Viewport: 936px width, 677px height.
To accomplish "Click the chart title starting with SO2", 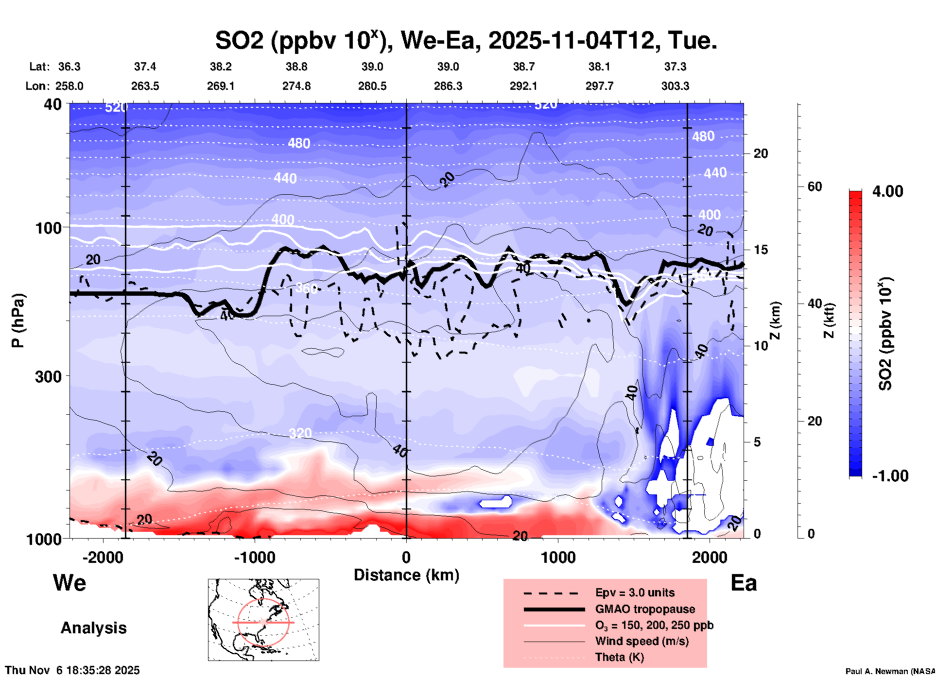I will coord(466,41).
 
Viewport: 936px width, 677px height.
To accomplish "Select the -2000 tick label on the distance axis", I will coord(103,557).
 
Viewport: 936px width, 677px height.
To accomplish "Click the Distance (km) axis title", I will coord(406,575).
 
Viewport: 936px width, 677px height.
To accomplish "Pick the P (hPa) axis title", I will coord(18,321).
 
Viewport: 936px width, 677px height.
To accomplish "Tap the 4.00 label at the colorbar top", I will coord(887,191).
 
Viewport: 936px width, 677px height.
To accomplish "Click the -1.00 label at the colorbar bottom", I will coord(890,476).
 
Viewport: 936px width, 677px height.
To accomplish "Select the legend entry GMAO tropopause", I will coord(645,609).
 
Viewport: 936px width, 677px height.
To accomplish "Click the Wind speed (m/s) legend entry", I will coord(641,641).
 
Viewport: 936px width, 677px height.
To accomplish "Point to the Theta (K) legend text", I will coord(620,657).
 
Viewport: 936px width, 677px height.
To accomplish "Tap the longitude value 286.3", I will coord(448,86).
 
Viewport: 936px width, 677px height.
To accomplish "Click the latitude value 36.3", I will coord(69,67).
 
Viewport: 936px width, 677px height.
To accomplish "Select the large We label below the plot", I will coord(69,582).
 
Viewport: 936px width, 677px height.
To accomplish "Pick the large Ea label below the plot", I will coord(744,583).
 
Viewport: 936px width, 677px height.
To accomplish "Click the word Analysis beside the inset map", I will coord(93,628).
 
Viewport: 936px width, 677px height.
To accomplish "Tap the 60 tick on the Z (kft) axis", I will coord(815,186).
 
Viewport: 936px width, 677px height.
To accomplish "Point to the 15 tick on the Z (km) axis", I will coord(761,250).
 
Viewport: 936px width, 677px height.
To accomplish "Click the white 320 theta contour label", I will coord(300,433).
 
